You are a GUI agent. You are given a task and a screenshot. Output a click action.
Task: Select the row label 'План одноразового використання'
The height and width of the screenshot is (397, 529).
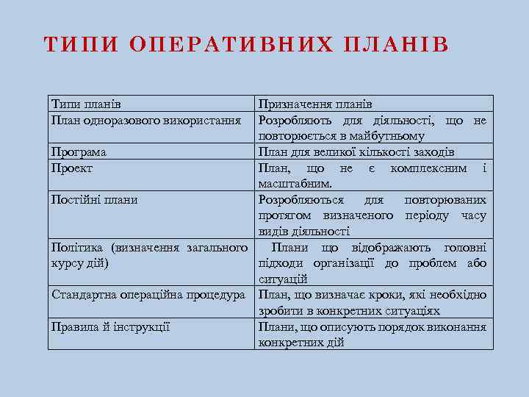pyautogui.click(x=147, y=120)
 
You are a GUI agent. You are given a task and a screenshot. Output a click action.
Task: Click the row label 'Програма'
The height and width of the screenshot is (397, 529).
pyautogui.click(x=79, y=152)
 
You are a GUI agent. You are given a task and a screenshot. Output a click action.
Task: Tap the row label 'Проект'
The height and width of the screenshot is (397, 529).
pyautogui.click(x=72, y=168)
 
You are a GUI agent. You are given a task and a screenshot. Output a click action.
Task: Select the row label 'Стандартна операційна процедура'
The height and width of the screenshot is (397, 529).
pyautogui.click(x=148, y=295)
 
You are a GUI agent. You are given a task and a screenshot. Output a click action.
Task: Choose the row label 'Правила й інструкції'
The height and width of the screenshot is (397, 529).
pyautogui.click(x=110, y=326)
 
